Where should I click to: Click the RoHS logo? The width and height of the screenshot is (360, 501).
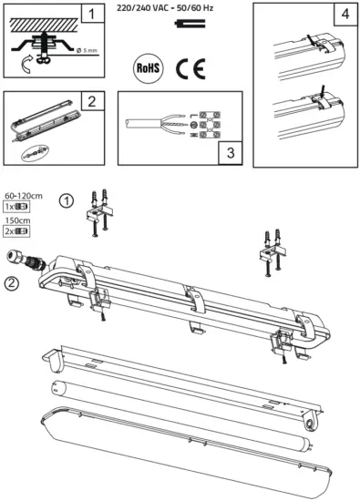click(147, 66)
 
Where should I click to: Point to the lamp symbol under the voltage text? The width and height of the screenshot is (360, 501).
click(173, 26)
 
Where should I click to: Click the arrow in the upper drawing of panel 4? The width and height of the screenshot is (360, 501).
click(312, 39)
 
